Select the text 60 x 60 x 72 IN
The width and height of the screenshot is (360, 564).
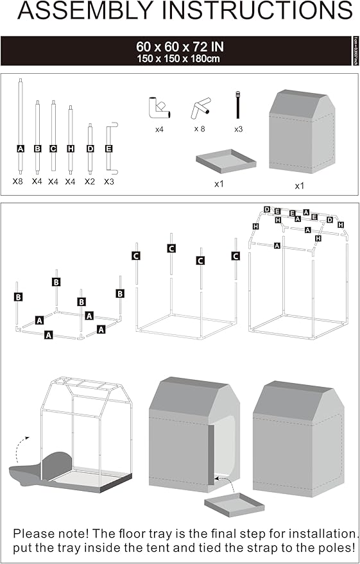(x=180, y=47)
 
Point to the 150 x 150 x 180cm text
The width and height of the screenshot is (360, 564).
(x=180, y=58)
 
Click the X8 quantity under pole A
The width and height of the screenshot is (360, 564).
(x=19, y=182)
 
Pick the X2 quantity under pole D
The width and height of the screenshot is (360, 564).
(x=90, y=182)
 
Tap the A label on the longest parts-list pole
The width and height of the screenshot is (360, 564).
(x=21, y=149)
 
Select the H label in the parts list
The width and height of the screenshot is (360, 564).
(x=70, y=149)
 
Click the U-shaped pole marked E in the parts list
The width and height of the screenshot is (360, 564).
(x=110, y=148)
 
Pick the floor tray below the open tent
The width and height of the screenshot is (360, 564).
(x=234, y=504)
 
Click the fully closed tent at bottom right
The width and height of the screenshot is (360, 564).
(x=300, y=436)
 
